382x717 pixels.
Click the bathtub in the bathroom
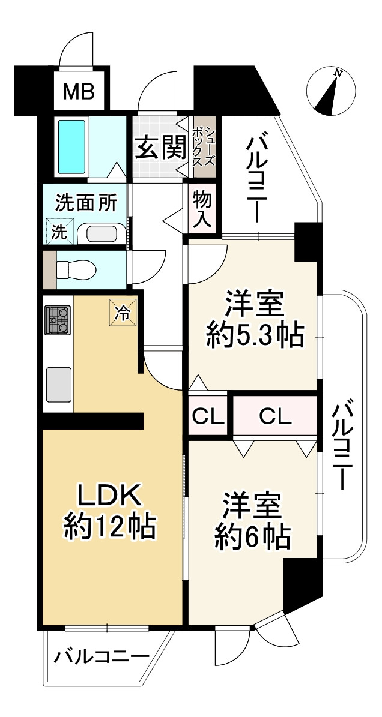click(71, 146)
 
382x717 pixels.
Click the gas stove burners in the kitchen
click(57, 320)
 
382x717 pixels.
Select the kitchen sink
click(58, 384)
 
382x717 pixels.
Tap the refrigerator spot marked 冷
click(122, 313)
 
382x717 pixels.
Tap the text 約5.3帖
click(254, 337)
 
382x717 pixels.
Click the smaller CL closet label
click(208, 416)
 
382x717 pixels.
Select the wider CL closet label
click(276, 416)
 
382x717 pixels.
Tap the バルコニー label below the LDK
click(102, 658)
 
